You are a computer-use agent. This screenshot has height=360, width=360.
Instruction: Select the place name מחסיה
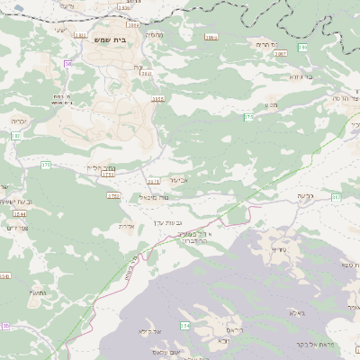(153, 35)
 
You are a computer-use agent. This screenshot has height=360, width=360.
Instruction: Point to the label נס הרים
(264, 44)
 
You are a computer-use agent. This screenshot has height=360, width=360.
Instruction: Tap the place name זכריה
(18, 120)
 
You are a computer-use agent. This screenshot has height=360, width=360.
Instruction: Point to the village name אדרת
(126, 226)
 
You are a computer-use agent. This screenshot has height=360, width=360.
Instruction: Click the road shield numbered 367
(336, 197)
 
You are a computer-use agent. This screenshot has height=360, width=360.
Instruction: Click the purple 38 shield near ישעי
(67, 64)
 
